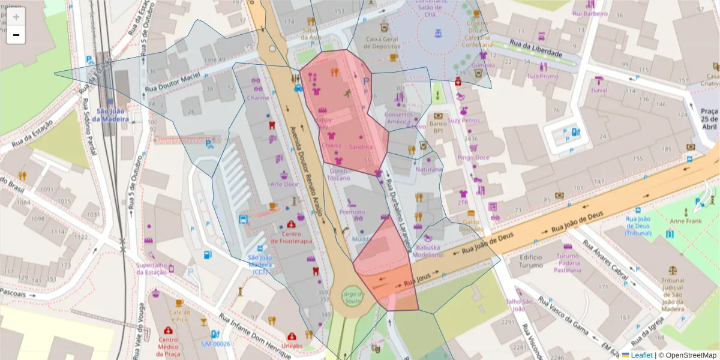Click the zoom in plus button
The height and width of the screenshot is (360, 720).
[16, 17]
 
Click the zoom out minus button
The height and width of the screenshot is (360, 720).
[16, 35]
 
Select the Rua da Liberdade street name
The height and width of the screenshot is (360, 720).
[535, 49]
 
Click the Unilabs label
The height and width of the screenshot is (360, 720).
[291, 346]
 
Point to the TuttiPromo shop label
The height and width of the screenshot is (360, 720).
[542, 77]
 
